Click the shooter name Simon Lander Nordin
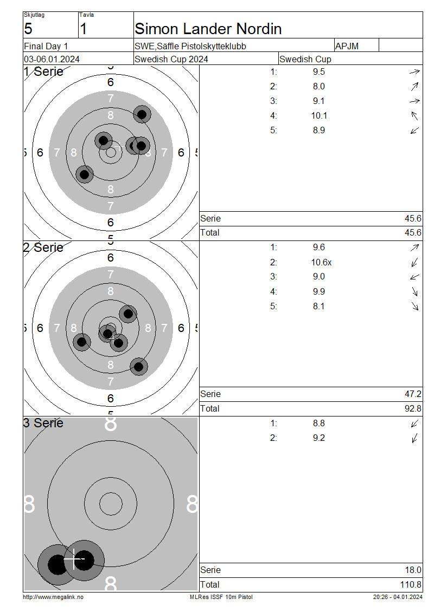point(208,29)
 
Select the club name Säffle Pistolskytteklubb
point(201,46)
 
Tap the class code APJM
point(347,46)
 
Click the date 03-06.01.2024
point(52,60)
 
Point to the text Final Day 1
point(46,47)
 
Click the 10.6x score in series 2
point(321,262)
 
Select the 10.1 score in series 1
point(319,115)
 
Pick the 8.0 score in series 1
point(318,86)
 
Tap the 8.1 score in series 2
point(318,307)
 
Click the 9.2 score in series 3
point(318,438)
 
